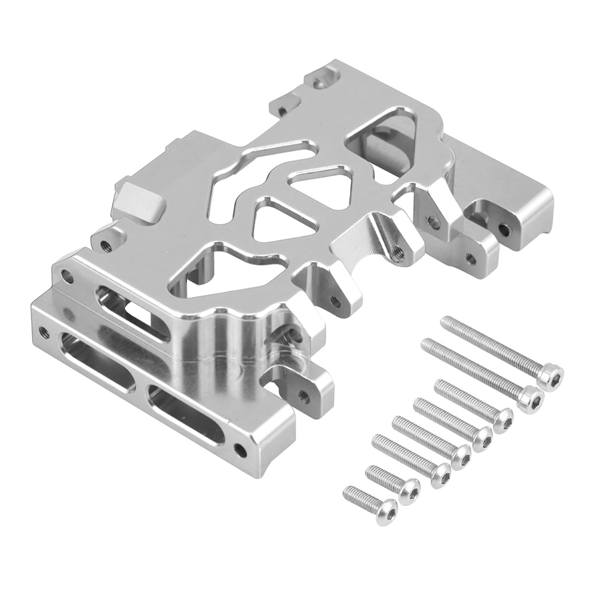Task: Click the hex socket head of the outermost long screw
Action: (550, 377)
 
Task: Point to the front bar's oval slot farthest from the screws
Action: (96, 361)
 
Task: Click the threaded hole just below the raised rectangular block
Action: (106, 244)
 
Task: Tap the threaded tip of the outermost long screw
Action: (446, 323)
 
